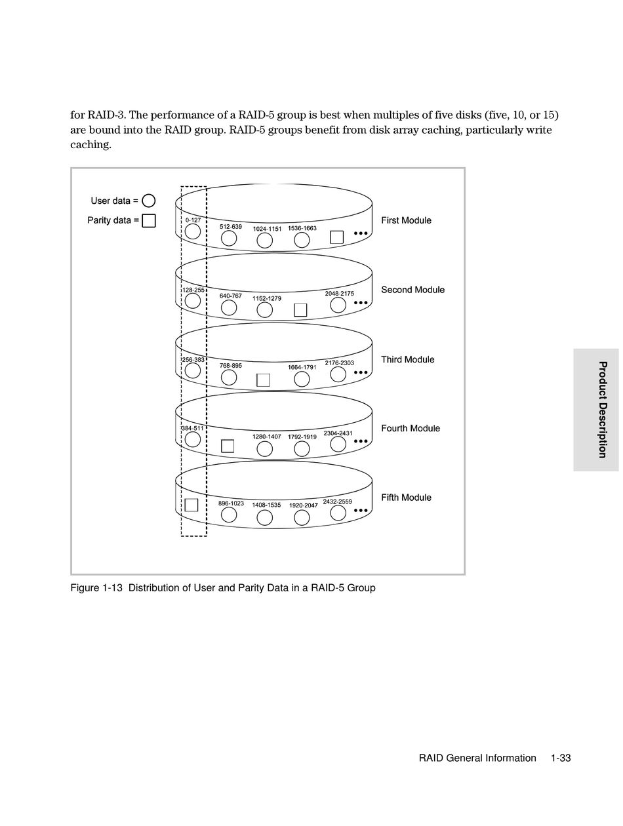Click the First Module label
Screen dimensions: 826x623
(x=406, y=220)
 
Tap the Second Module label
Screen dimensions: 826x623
(x=412, y=290)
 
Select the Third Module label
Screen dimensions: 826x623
(x=407, y=359)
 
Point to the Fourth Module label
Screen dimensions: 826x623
(x=411, y=428)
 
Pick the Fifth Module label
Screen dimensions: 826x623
(x=406, y=498)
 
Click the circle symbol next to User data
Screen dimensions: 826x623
(x=149, y=201)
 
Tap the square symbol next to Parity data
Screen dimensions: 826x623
(x=149, y=220)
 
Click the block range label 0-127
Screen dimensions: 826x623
(x=193, y=220)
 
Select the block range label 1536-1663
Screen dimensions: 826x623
(x=302, y=228)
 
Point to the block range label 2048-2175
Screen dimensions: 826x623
(x=339, y=294)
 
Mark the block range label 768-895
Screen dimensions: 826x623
(x=231, y=366)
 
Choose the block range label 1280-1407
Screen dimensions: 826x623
(x=266, y=437)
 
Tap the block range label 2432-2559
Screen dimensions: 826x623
(x=337, y=502)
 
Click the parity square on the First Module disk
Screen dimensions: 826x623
(x=336, y=237)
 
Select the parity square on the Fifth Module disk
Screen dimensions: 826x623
(x=191, y=505)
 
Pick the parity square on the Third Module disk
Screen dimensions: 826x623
(x=263, y=380)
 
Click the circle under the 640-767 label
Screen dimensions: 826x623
(x=229, y=307)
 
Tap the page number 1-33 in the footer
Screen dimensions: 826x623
(x=561, y=758)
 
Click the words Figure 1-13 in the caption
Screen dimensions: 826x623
(x=96, y=588)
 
